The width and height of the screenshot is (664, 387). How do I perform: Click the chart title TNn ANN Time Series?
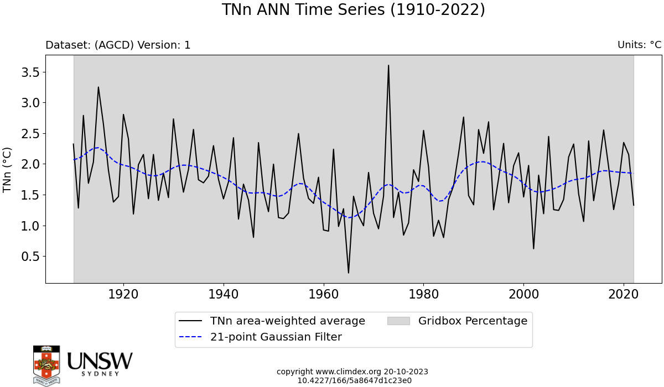point(303,9)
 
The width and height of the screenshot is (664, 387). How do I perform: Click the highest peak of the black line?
point(388,65)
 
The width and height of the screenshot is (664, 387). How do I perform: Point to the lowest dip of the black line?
point(348,273)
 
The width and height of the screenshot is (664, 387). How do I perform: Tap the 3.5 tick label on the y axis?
point(30,72)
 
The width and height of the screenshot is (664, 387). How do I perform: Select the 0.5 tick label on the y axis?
point(30,257)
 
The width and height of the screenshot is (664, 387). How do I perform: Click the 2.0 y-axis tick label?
point(30,164)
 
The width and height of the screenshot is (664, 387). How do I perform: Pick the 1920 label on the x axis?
point(123,294)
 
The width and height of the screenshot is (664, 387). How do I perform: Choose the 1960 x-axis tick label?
point(324,294)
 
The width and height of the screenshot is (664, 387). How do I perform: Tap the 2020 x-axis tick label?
point(624,294)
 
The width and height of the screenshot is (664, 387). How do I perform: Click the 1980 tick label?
point(424,294)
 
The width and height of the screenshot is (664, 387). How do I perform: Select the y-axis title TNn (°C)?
point(7,170)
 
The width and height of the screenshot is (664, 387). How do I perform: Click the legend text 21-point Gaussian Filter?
point(276,337)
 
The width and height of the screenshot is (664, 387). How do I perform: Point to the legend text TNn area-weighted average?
point(288,321)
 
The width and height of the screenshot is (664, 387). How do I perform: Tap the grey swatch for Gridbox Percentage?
point(398,321)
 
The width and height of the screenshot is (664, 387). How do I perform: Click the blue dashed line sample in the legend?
point(190,337)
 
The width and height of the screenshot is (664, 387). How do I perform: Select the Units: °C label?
point(640,45)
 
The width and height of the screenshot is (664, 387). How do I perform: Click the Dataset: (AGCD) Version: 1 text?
point(118,45)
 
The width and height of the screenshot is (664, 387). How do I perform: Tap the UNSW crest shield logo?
point(46,365)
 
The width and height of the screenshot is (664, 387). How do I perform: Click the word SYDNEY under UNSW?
point(101,374)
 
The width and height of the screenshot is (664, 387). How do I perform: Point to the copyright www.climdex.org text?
point(329,372)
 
